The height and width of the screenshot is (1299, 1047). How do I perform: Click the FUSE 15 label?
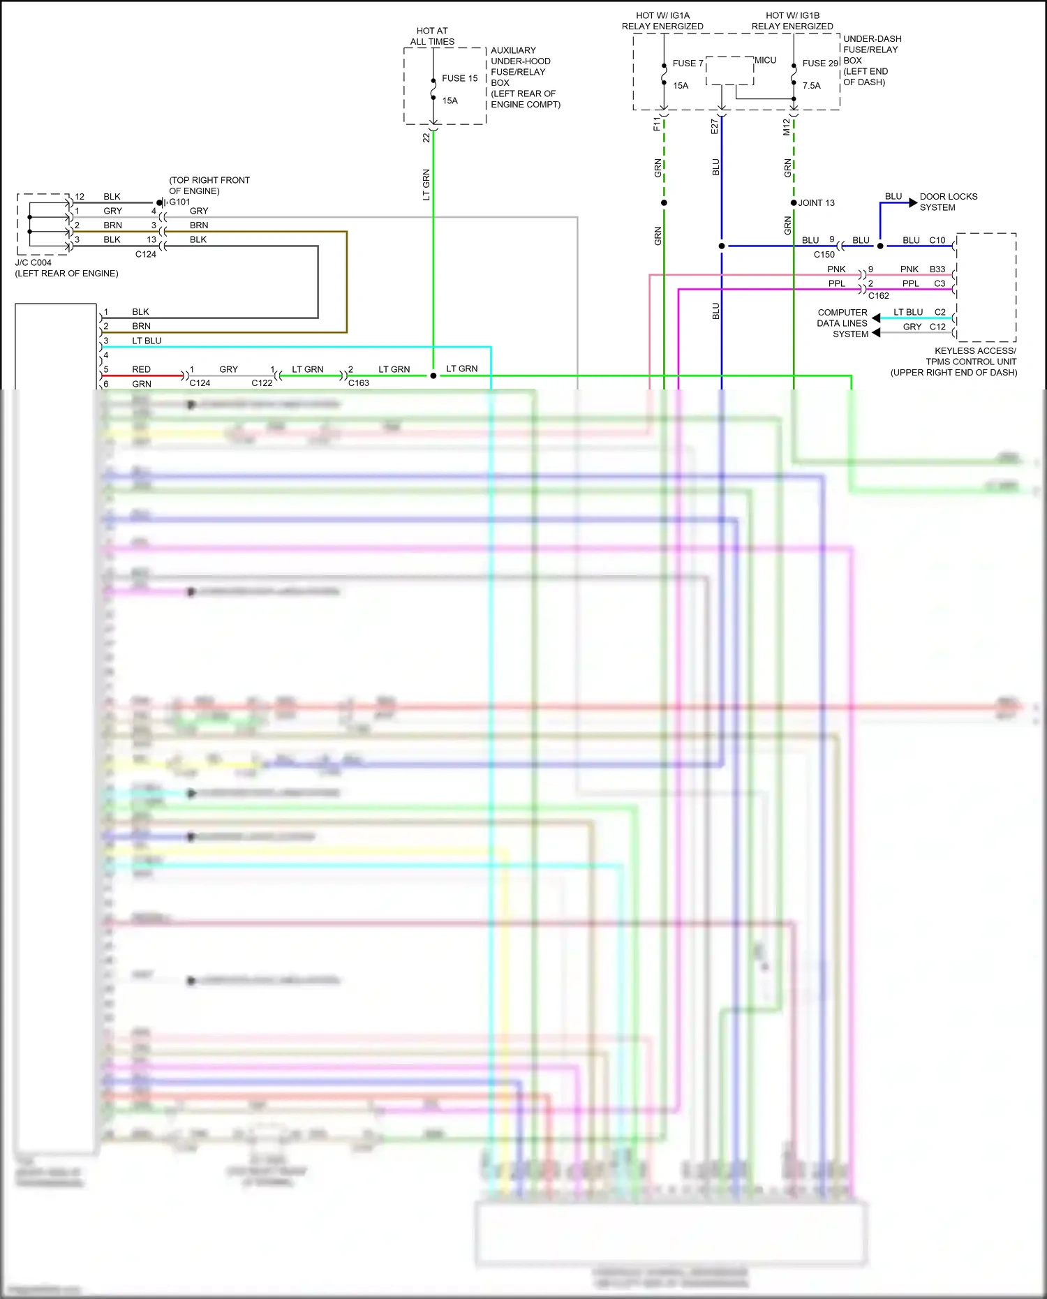click(459, 78)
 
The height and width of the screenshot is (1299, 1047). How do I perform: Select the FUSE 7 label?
click(688, 64)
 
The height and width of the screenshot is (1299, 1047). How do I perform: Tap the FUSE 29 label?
click(820, 64)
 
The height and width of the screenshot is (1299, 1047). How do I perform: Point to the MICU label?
click(765, 61)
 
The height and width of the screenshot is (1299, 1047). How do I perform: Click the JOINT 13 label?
click(816, 203)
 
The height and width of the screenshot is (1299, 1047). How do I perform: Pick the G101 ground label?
click(179, 202)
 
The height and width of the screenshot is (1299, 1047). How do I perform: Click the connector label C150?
click(824, 255)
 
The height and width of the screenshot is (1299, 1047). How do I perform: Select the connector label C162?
click(878, 296)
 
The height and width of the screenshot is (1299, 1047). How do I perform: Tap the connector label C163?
click(358, 383)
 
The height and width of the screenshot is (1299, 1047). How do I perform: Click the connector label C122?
click(262, 383)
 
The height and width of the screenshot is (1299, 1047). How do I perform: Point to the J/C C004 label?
click(34, 263)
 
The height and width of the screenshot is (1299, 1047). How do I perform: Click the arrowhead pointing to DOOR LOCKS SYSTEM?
click(913, 203)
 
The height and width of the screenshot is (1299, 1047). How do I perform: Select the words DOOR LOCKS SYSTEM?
click(948, 202)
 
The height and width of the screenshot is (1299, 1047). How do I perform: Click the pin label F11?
click(657, 124)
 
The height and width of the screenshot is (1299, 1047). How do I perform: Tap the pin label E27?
click(715, 126)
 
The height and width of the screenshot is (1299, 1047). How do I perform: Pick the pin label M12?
click(787, 127)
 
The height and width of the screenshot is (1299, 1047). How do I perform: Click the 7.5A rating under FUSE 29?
click(811, 86)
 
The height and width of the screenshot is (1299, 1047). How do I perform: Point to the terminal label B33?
click(937, 269)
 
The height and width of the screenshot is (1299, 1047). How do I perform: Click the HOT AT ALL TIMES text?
click(432, 36)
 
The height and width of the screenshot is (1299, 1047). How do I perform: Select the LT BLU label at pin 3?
click(147, 341)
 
